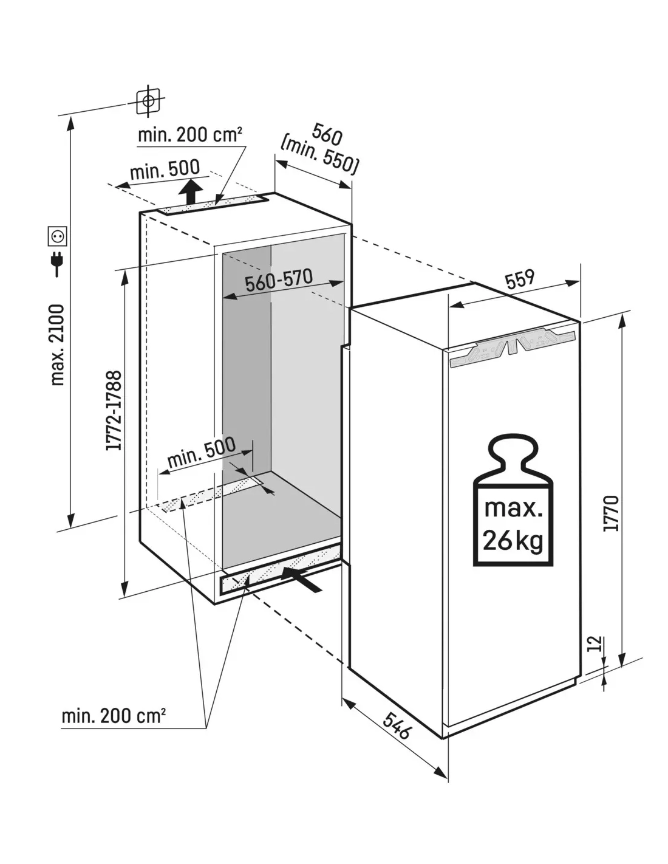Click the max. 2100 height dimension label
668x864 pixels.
(58, 345)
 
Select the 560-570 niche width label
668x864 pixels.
(279, 281)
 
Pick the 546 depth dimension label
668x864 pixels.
(398, 725)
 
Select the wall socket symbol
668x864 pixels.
(58, 235)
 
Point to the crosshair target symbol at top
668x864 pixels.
(148, 100)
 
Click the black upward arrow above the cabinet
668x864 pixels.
(192, 193)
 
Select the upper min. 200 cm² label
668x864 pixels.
(190, 134)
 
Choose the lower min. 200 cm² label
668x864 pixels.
(114, 716)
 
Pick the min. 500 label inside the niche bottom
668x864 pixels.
(202, 453)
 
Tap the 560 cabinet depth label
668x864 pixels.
(327, 133)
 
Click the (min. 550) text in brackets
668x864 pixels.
(319, 156)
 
